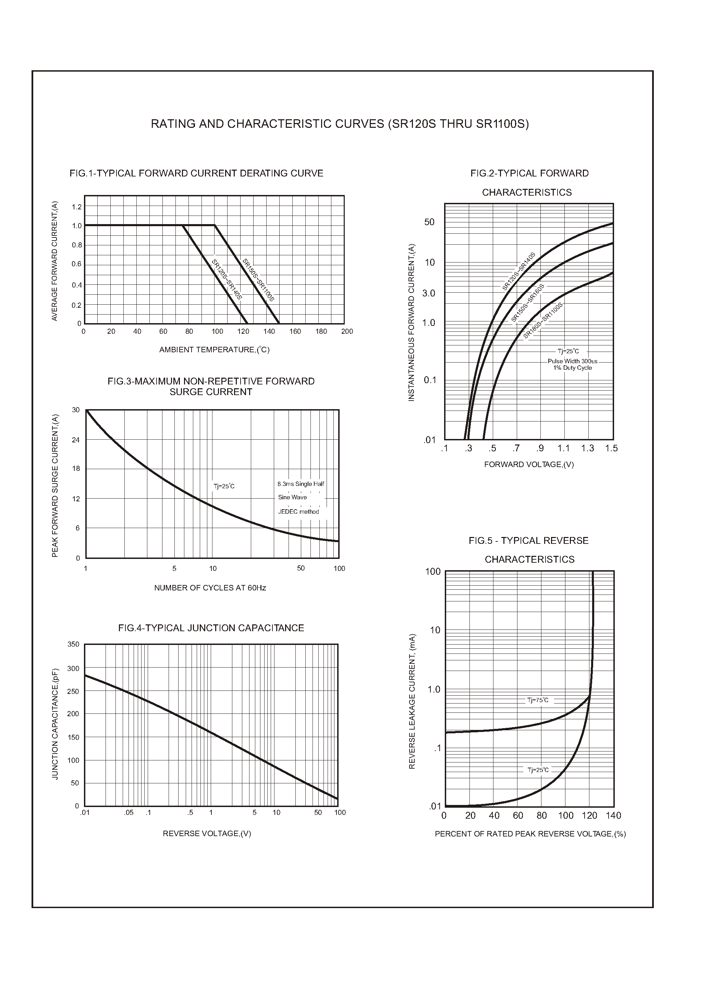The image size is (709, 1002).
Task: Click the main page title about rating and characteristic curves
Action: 340,124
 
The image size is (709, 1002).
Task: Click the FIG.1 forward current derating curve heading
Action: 196,173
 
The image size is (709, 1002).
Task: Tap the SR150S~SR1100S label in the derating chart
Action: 258,280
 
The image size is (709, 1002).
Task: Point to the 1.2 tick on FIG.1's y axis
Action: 77,207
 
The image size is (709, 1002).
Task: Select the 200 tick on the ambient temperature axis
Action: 347,331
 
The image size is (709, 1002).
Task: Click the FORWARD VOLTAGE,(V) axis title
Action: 529,465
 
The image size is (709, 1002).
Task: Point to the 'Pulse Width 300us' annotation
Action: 572,361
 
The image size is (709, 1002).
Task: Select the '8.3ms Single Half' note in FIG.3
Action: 301,484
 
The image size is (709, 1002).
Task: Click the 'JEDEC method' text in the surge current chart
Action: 298,512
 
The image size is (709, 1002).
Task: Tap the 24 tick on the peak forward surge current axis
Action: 76,440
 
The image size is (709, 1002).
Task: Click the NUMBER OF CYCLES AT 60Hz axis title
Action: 210,588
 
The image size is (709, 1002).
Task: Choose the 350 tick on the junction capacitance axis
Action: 73,645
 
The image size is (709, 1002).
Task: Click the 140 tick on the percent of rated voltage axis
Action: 613,816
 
